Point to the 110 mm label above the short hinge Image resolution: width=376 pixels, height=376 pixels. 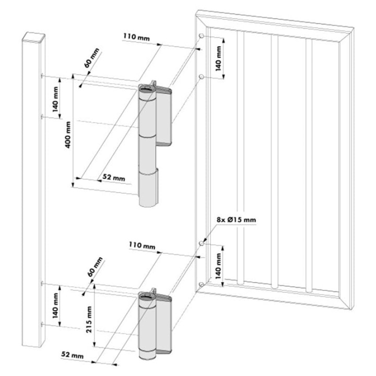(x=142, y=245)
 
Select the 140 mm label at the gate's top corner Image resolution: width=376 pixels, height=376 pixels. (x=218, y=57)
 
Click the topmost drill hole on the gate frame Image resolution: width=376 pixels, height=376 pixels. (x=201, y=36)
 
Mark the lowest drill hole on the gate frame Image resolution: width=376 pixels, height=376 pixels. (x=201, y=284)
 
